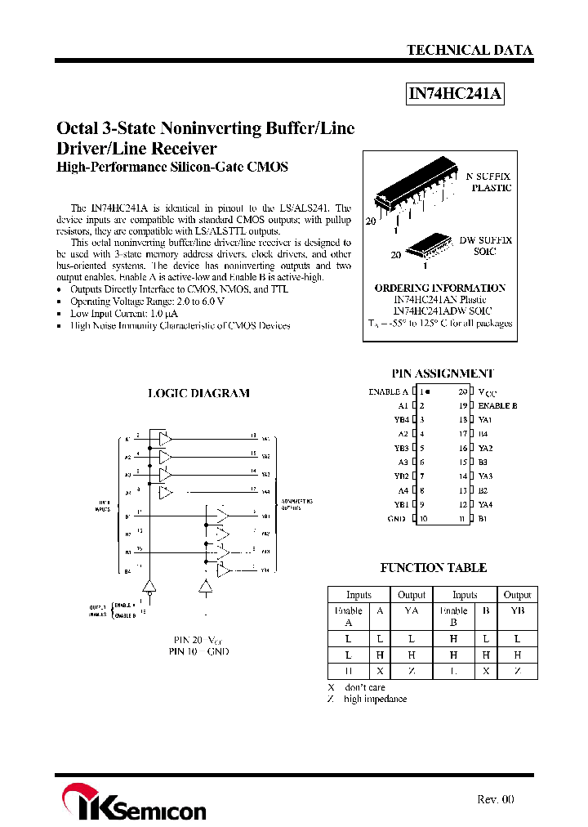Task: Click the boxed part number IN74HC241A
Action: tap(456, 95)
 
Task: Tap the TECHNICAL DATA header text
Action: tap(470, 50)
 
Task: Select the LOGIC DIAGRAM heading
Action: tap(198, 393)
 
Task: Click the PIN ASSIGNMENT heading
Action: tap(443, 373)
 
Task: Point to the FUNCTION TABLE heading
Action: tap(434, 568)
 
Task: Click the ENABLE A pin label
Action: tap(389, 391)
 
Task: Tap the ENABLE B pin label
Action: tap(497, 405)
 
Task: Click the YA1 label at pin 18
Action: tap(486, 419)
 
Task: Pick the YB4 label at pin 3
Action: tap(400, 419)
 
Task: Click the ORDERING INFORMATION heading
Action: tap(439, 288)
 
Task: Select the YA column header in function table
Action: tap(412, 610)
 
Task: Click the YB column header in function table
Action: tap(517, 610)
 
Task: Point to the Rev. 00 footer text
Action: tap(495, 799)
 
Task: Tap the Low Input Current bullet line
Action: tap(124, 313)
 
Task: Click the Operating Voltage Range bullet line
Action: tap(147, 302)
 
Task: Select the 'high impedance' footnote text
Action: tap(375, 699)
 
